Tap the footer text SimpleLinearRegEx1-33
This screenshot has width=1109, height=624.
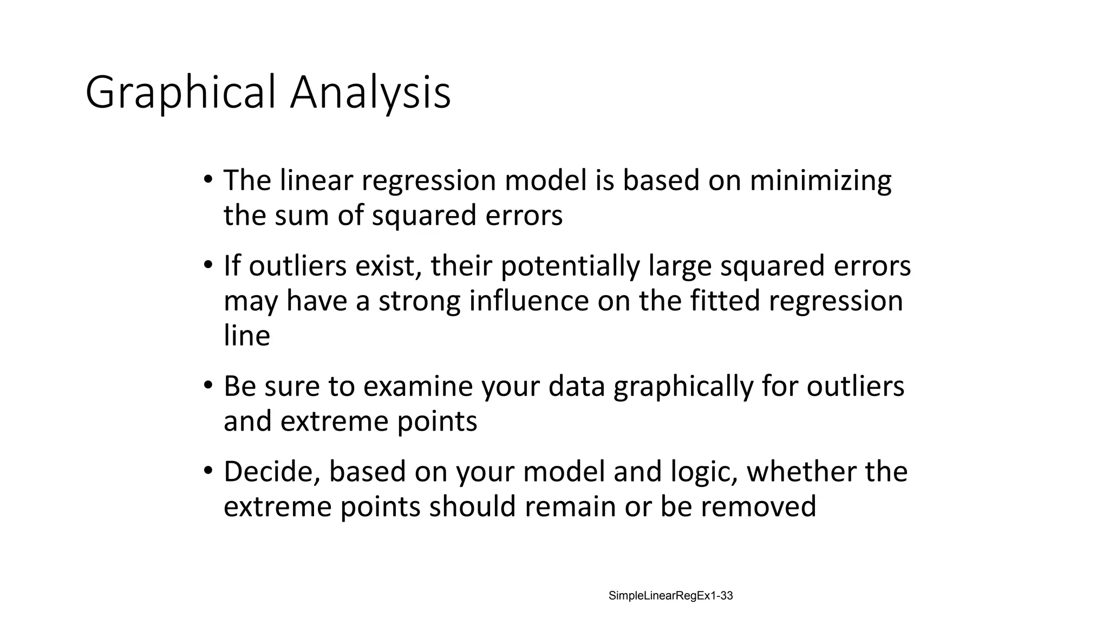click(x=670, y=596)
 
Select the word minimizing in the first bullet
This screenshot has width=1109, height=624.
click(x=820, y=181)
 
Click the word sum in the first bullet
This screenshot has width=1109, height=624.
click(x=302, y=216)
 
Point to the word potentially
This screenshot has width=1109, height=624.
click(x=570, y=266)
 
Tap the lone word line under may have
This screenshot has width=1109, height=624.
click(x=246, y=336)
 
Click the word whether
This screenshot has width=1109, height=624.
click(x=801, y=472)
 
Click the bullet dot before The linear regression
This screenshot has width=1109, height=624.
click(x=208, y=180)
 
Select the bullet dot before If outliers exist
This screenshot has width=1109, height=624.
click(x=208, y=265)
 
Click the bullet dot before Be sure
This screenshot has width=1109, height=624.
click(x=208, y=386)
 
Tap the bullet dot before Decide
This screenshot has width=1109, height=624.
click(x=208, y=471)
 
